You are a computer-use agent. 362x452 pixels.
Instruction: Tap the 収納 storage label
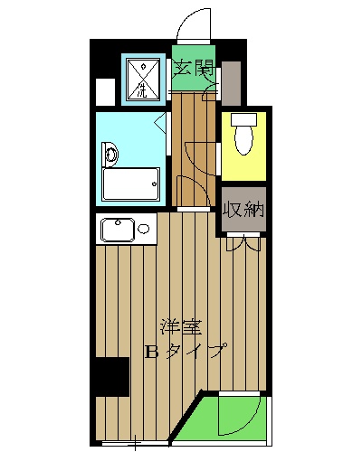pos(243,210)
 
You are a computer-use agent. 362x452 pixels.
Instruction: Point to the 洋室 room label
pos(180,326)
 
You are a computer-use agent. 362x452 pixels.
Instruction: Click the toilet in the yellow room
pos(242,139)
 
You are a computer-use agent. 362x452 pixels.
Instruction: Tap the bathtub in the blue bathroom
pos(130,184)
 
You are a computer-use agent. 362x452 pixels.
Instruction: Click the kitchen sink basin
pos(118,231)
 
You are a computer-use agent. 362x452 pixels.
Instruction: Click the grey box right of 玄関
pos(231,82)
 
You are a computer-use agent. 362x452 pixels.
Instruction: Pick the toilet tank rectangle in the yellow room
pos(243,120)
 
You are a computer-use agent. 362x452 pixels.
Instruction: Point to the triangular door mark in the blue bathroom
pos(160,121)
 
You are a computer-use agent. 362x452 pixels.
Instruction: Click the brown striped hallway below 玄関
pos(192,149)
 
